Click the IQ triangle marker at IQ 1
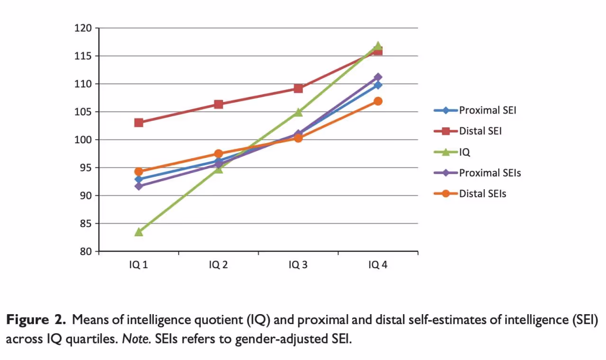pos(139,232)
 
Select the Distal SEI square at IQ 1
pos(139,123)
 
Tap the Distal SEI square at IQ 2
pos(218,104)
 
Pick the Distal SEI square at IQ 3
pos(298,88)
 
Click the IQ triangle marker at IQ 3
pos(298,112)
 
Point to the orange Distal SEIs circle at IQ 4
pos(378,101)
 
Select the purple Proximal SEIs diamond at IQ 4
pos(378,77)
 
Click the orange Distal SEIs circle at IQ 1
pos(139,171)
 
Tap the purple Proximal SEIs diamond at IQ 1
pos(139,186)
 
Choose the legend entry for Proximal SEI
pos(487,110)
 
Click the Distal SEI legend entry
pos(480,131)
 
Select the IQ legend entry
pos(464,152)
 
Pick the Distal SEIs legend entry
pos(482,193)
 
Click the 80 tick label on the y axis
pos(85,251)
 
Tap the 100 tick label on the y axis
pos(83,140)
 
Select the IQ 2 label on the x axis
pos(218,265)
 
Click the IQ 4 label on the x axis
pos(378,265)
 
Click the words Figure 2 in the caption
pos(36,320)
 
